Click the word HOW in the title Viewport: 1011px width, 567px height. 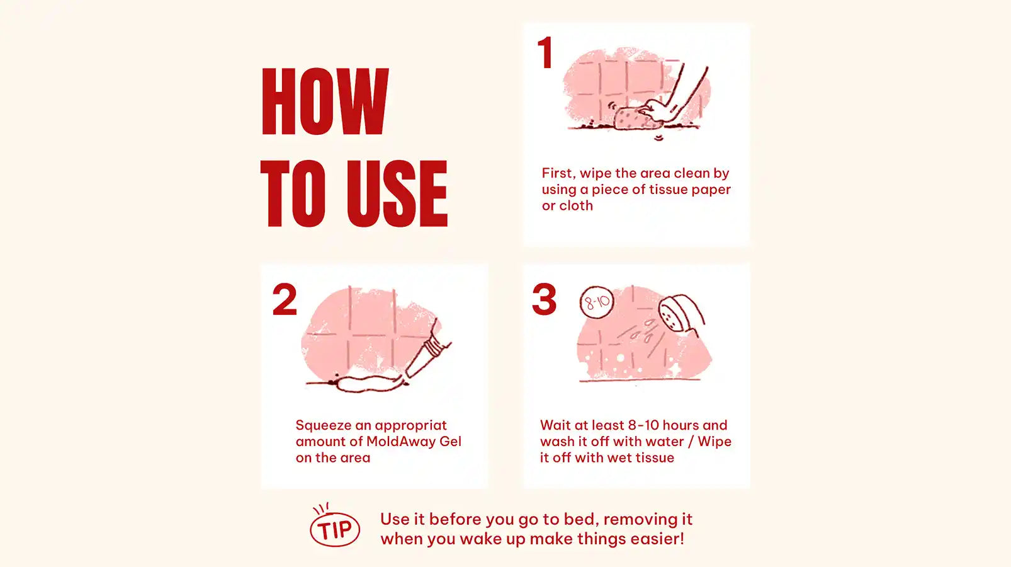pyautogui.click(x=325, y=101)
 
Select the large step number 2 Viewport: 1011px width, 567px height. pyautogui.click(x=285, y=299)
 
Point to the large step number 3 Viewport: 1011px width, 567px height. pyautogui.click(x=545, y=299)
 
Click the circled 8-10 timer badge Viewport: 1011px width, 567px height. pyautogui.click(x=597, y=302)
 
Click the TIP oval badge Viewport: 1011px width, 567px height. pyautogui.click(x=334, y=529)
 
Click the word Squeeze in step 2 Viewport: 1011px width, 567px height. pyautogui.click(x=324, y=426)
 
